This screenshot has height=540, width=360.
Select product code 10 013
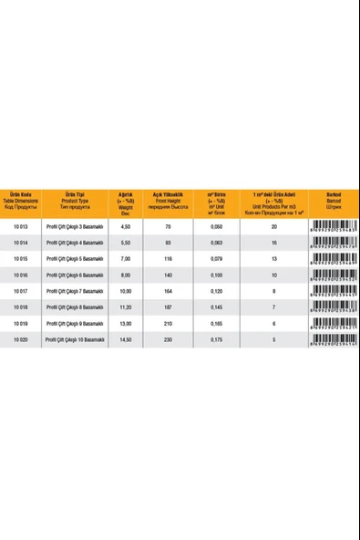point(18,226)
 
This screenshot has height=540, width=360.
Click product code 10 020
point(18,338)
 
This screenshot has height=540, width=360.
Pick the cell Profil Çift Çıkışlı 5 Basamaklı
point(77,258)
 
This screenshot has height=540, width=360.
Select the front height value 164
point(169,290)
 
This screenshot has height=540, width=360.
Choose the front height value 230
point(169,338)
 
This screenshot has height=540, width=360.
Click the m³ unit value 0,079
point(217,258)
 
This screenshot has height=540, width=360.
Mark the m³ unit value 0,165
point(217,322)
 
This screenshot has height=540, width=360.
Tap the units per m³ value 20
point(273,226)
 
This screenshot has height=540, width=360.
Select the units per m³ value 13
point(273,258)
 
